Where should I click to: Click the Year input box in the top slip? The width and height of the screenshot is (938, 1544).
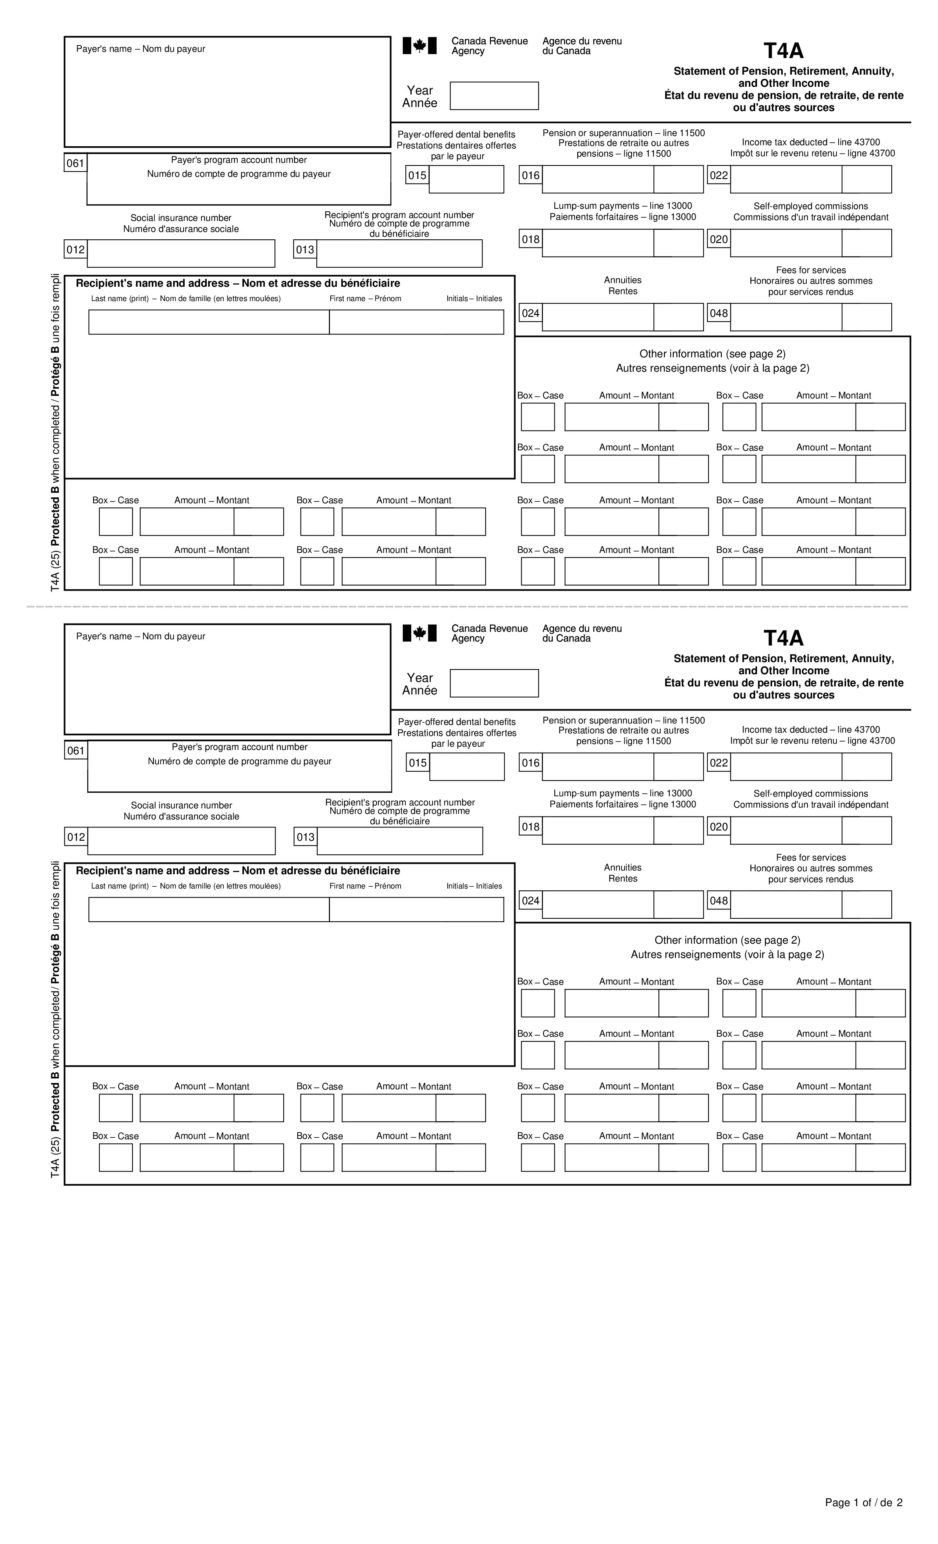click(494, 96)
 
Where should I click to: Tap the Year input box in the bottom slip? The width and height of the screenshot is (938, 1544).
click(494, 683)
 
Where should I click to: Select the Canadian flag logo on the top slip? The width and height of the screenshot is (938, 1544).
click(419, 46)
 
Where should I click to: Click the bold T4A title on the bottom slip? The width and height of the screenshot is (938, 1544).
click(783, 638)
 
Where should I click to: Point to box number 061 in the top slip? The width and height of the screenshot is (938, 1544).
click(75, 164)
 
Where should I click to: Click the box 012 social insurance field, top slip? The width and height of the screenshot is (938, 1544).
click(181, 254)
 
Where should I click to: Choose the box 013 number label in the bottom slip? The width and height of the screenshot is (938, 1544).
click(305, 837)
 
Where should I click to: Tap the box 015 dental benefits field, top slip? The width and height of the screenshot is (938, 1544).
click(466, 179)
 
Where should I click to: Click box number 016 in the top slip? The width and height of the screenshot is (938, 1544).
click(530, 175)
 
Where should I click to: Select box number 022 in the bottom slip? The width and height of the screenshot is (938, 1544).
click(718, 762)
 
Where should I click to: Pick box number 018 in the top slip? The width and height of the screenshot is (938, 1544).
click(530, 239)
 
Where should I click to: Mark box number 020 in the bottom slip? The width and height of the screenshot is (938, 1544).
click(718, 826)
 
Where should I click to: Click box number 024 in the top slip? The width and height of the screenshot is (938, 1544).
click(530, 313)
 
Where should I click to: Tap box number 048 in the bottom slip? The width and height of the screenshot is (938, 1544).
click(718, 900)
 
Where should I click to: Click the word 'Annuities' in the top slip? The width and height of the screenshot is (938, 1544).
click(623, 280)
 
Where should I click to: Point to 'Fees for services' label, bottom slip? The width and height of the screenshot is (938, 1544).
click(811, 857)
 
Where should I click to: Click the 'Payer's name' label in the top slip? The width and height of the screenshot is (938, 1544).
click(141, 49)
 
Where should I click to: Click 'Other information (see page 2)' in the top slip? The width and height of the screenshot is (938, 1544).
click(712, 354)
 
